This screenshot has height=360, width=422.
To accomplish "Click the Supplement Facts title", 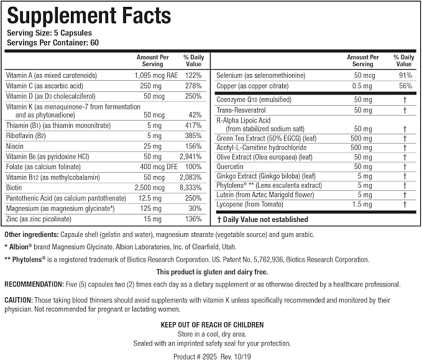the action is (89, 16).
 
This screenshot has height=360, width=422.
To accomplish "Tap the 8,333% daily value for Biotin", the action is (191, 188).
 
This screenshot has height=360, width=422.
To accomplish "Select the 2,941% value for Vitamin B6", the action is (191, 157).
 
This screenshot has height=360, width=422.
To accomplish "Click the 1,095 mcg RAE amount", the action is (156, 75).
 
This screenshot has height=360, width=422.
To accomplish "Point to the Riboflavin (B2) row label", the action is (26, 136).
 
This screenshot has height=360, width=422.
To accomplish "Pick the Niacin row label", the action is (15, 146).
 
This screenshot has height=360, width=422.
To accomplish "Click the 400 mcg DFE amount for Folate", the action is (158, 167).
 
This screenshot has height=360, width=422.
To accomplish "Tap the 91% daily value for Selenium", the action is (406, 75).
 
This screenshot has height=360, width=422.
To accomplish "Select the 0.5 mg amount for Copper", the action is (362, 86).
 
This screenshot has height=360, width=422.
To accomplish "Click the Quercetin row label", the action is (230, 167).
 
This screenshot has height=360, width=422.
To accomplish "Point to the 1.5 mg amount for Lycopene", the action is (362, 205).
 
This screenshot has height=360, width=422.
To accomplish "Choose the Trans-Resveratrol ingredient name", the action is (241, 110).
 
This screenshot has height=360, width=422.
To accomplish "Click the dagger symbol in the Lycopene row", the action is (405, 205).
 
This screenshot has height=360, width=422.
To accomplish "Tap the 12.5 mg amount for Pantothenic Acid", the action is (150, 198).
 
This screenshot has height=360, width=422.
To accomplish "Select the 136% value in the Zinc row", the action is (193, 219).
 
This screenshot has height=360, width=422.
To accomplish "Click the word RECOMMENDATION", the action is (34, 284).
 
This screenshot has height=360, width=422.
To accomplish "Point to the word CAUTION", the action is (19, 300).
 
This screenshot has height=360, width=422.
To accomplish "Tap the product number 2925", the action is (209, 356).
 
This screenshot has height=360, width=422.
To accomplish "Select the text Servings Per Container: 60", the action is (53, 42).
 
